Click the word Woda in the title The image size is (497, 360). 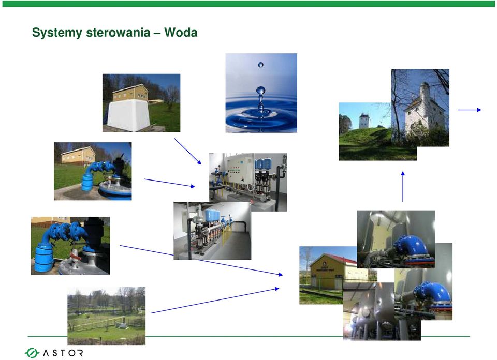click(x=181, y=32)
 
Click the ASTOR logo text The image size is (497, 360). click(x=63, y=353)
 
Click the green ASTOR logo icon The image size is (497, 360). click(x=32, y=353)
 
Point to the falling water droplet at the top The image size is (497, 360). click(x=260, y=65)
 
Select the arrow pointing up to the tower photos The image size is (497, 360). click(x=403, y=187)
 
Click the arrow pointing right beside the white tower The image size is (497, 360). click(x=470, y=110)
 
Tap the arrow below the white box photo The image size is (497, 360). click(x=187, y=151)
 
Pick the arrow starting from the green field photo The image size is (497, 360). click(x=215, y=301)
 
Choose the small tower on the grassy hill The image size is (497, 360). click(x=364, y=121)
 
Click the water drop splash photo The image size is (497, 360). click(x=261, y=93)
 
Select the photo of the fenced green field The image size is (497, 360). click(x=107, y=316)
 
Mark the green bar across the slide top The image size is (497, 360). click(x=248, y=4)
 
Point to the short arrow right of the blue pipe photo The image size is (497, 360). click(x=170, y=183)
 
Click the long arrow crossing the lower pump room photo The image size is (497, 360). click(x=201, y=260)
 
